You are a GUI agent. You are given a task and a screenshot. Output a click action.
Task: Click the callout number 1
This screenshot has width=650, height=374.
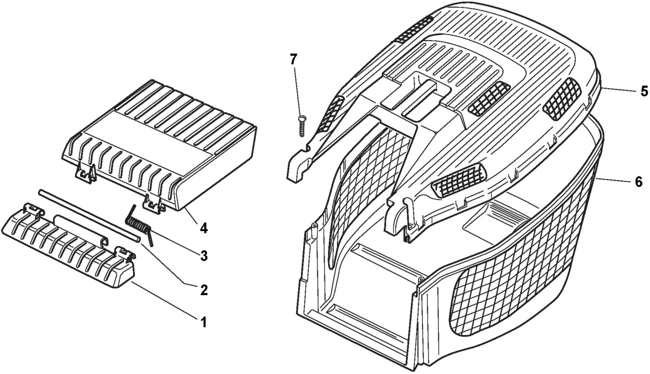coord(203,322)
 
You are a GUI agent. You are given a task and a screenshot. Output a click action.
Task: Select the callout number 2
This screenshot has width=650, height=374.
coord(204,289)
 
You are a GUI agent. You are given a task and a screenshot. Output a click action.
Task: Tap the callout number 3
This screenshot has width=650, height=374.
coord(204,256)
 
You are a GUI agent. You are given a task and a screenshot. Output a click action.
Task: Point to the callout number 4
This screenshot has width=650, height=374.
coord(204,228)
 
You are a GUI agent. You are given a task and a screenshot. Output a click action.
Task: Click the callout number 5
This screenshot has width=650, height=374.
coord(644,91)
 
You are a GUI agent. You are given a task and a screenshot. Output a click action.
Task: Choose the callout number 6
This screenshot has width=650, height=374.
coord(638,182)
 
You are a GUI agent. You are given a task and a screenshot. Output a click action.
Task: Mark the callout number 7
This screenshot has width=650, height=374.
coord(293,60)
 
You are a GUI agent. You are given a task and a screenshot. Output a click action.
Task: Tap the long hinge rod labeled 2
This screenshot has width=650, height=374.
coord(89,215)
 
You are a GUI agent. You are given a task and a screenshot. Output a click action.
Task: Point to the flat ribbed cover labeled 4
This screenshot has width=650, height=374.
coord(159,145)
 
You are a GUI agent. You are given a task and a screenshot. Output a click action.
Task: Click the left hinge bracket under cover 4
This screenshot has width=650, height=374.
coord(86,173)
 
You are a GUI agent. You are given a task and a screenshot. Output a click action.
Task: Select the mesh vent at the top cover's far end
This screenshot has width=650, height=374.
coord(414,28)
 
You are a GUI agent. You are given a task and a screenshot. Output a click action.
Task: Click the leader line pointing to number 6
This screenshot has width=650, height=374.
coord(613,180)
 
